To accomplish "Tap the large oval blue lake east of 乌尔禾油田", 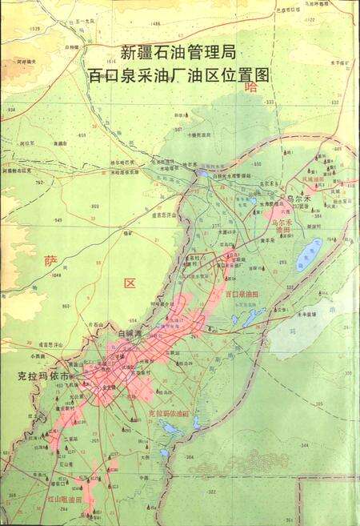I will (308, 254).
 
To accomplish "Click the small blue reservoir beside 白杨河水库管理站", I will (202, 172).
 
